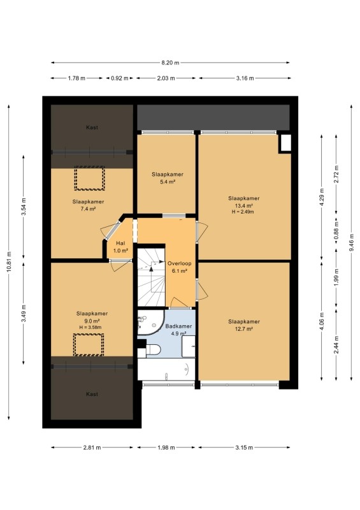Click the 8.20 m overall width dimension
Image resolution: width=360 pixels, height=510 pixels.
click(x=170, y=62)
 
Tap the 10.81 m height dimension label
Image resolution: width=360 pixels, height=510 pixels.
click(x=9, y=262)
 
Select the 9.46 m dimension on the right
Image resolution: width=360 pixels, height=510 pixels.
click(x=352, y=242)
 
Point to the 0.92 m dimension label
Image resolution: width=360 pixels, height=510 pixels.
click(x=119, y=78)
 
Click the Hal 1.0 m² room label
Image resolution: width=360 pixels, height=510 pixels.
click(x=120, y=247)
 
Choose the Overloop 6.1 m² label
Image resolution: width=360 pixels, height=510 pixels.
click(x=179, y=267)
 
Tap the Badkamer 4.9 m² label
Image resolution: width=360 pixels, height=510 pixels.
click(x=178, y=330)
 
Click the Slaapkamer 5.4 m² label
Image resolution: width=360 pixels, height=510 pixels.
click(x=168, y=178)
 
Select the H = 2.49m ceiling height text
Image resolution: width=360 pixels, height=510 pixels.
click(x=243, y=212)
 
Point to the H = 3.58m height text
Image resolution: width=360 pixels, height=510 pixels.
click(x=90, y=327)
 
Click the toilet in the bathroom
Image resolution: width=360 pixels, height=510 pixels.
click(x=153, y=350)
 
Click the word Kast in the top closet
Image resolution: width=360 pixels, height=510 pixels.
click(x=92, y=127)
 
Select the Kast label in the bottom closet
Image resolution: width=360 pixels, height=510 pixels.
click(x=92, y=394)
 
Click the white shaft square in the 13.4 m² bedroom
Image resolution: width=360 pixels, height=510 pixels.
click(x=285, y=143)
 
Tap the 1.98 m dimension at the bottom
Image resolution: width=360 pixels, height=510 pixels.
click(x=166, y=448)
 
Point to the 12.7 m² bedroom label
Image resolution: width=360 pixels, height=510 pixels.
click(x=244, y=325)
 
